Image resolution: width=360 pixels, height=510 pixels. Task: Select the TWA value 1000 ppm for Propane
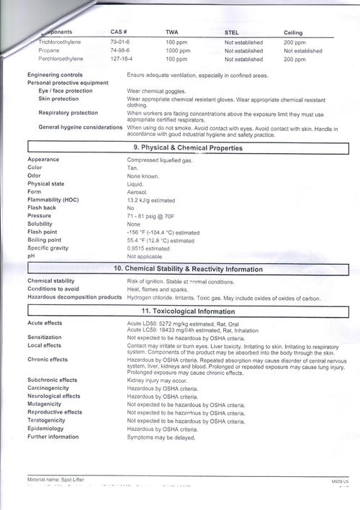(x=178, y=51)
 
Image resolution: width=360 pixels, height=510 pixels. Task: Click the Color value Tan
(x=132, y=168)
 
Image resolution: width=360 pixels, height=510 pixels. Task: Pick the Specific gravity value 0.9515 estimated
(x=148, y=248)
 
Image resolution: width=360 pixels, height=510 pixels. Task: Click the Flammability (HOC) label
(x=53, y=199)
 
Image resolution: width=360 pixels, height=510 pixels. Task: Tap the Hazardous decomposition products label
(x=74, y=297)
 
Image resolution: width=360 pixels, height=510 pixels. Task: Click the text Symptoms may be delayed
(x=161, y=437)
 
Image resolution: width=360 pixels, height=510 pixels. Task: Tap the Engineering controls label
(x=55, y=75)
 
